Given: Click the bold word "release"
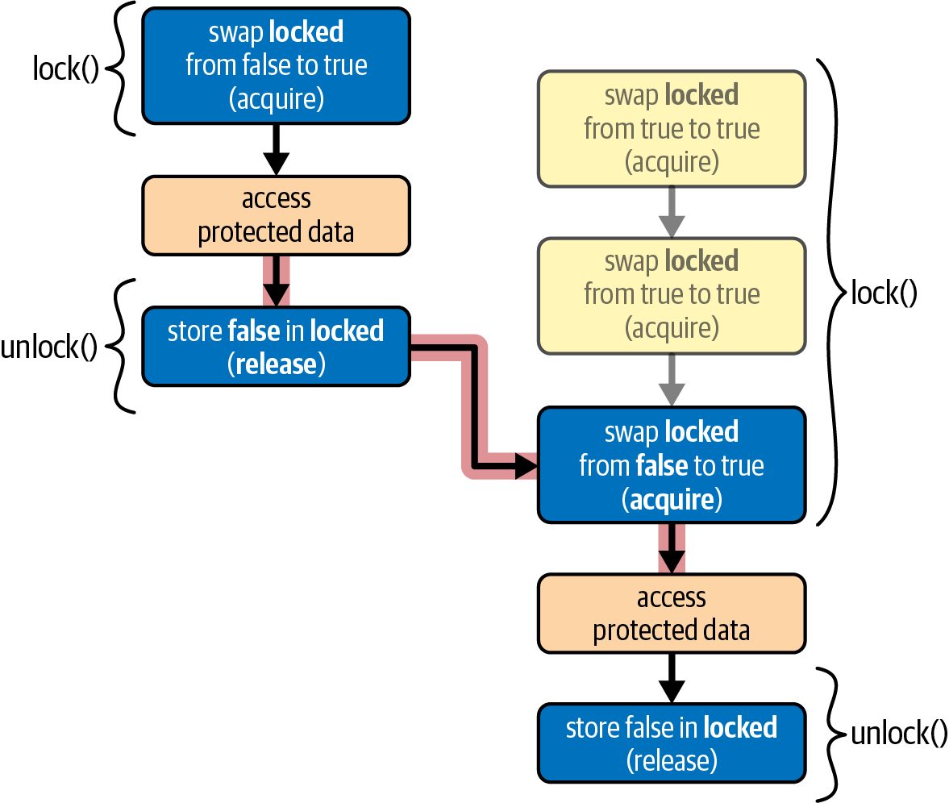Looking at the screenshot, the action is click(x=276, y=364).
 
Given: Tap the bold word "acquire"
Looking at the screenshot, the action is click(x=672, y=500).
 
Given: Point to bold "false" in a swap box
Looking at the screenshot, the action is click(x=662, y=466).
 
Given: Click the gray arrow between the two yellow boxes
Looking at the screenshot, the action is click(x=672, y=212).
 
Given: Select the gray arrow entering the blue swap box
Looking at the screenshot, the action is click(x=672, y=380).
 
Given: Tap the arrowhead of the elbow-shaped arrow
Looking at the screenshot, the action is click(x=526, y=466).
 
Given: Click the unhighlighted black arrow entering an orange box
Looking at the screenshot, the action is click(x=276, y=149).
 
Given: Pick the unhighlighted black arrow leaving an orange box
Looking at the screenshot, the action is click(x=672, y=678).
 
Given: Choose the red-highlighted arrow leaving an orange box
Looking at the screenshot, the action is click(x=276, y=281).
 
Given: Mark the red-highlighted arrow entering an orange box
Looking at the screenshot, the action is click(x=672, y=547).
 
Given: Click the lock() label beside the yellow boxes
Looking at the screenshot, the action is click(x=884, y=293).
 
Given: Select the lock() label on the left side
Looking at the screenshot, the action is click(x=65, y=69).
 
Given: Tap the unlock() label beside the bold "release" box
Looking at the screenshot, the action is click(x=48, y=347).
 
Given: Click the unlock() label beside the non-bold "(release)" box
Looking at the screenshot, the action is click(x=899, y=733).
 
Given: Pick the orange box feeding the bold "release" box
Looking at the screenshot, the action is click(x=276, y=215).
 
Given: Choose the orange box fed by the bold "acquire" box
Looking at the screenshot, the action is click(x=672, y=614).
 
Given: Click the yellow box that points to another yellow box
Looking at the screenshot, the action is click(x=672, y=129).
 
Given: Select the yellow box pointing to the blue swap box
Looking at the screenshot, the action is click(x=672, y=296).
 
